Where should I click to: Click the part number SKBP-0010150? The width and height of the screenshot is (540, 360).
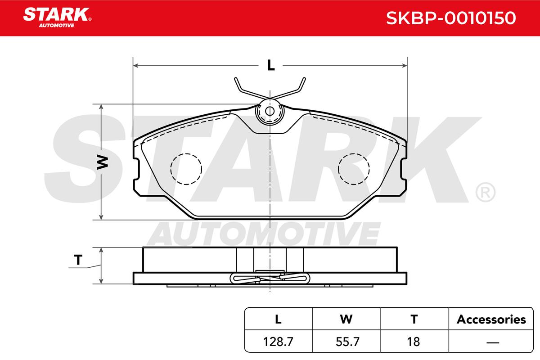pyautogui.click(x=451, y=18)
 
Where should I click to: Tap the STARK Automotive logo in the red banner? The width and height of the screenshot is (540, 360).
pyautogui.click(x=57, y=18)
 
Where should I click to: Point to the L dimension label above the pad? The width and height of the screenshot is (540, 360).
pyautogui.click(x=271, y=65)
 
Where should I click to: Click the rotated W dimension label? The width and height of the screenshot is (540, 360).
pyautogui.click(x=103, y=162)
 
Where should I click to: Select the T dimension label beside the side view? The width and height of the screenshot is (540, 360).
pyautogui.click(x=78, y=260)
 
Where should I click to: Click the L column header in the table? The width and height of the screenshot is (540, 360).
pyautogui.click(x=278, y=319)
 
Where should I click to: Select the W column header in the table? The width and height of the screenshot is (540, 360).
pyautogui.click(x=346, y=319)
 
